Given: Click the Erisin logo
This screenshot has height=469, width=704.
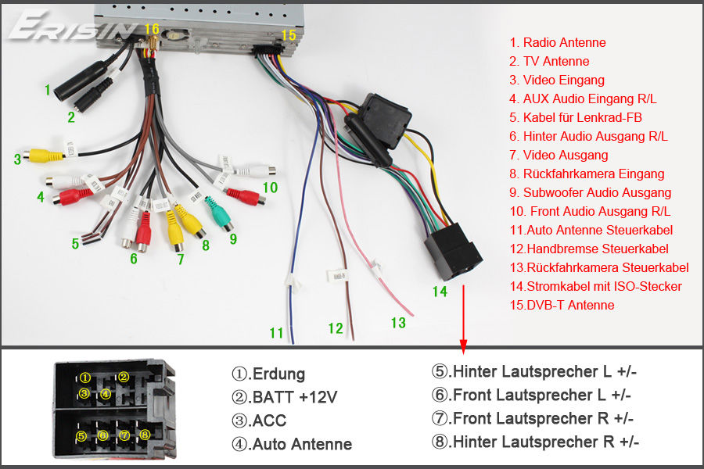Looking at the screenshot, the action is click(x=72, y=26).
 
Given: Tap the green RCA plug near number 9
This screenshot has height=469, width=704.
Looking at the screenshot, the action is click(x=219, y=213).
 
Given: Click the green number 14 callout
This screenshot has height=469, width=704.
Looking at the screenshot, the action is click(x=440, y=292).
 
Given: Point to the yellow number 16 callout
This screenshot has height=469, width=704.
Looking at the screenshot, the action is click(x=152, y=29).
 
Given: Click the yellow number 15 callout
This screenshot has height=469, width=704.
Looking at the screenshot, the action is click(x=288, y=35).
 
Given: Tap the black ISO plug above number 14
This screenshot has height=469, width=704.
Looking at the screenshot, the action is click(x=453, y=252).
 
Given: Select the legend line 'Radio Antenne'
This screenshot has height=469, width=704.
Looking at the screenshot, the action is click(x=558, y=43).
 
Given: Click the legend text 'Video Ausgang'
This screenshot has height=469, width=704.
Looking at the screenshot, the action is click(x=559, y=156).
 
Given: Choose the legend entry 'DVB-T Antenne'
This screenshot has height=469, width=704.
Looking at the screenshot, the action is click(x=562, y=305).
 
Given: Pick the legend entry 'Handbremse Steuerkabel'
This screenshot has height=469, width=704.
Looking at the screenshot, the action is click(x=589, y=249).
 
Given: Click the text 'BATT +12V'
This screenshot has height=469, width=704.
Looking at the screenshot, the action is click(x=284, y=397).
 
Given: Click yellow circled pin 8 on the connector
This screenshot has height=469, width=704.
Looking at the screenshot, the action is click(x=145, y=435).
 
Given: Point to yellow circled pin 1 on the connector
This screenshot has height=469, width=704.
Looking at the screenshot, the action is click(x=85, y=378).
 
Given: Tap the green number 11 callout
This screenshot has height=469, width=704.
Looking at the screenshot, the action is click(x=277, y=333).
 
